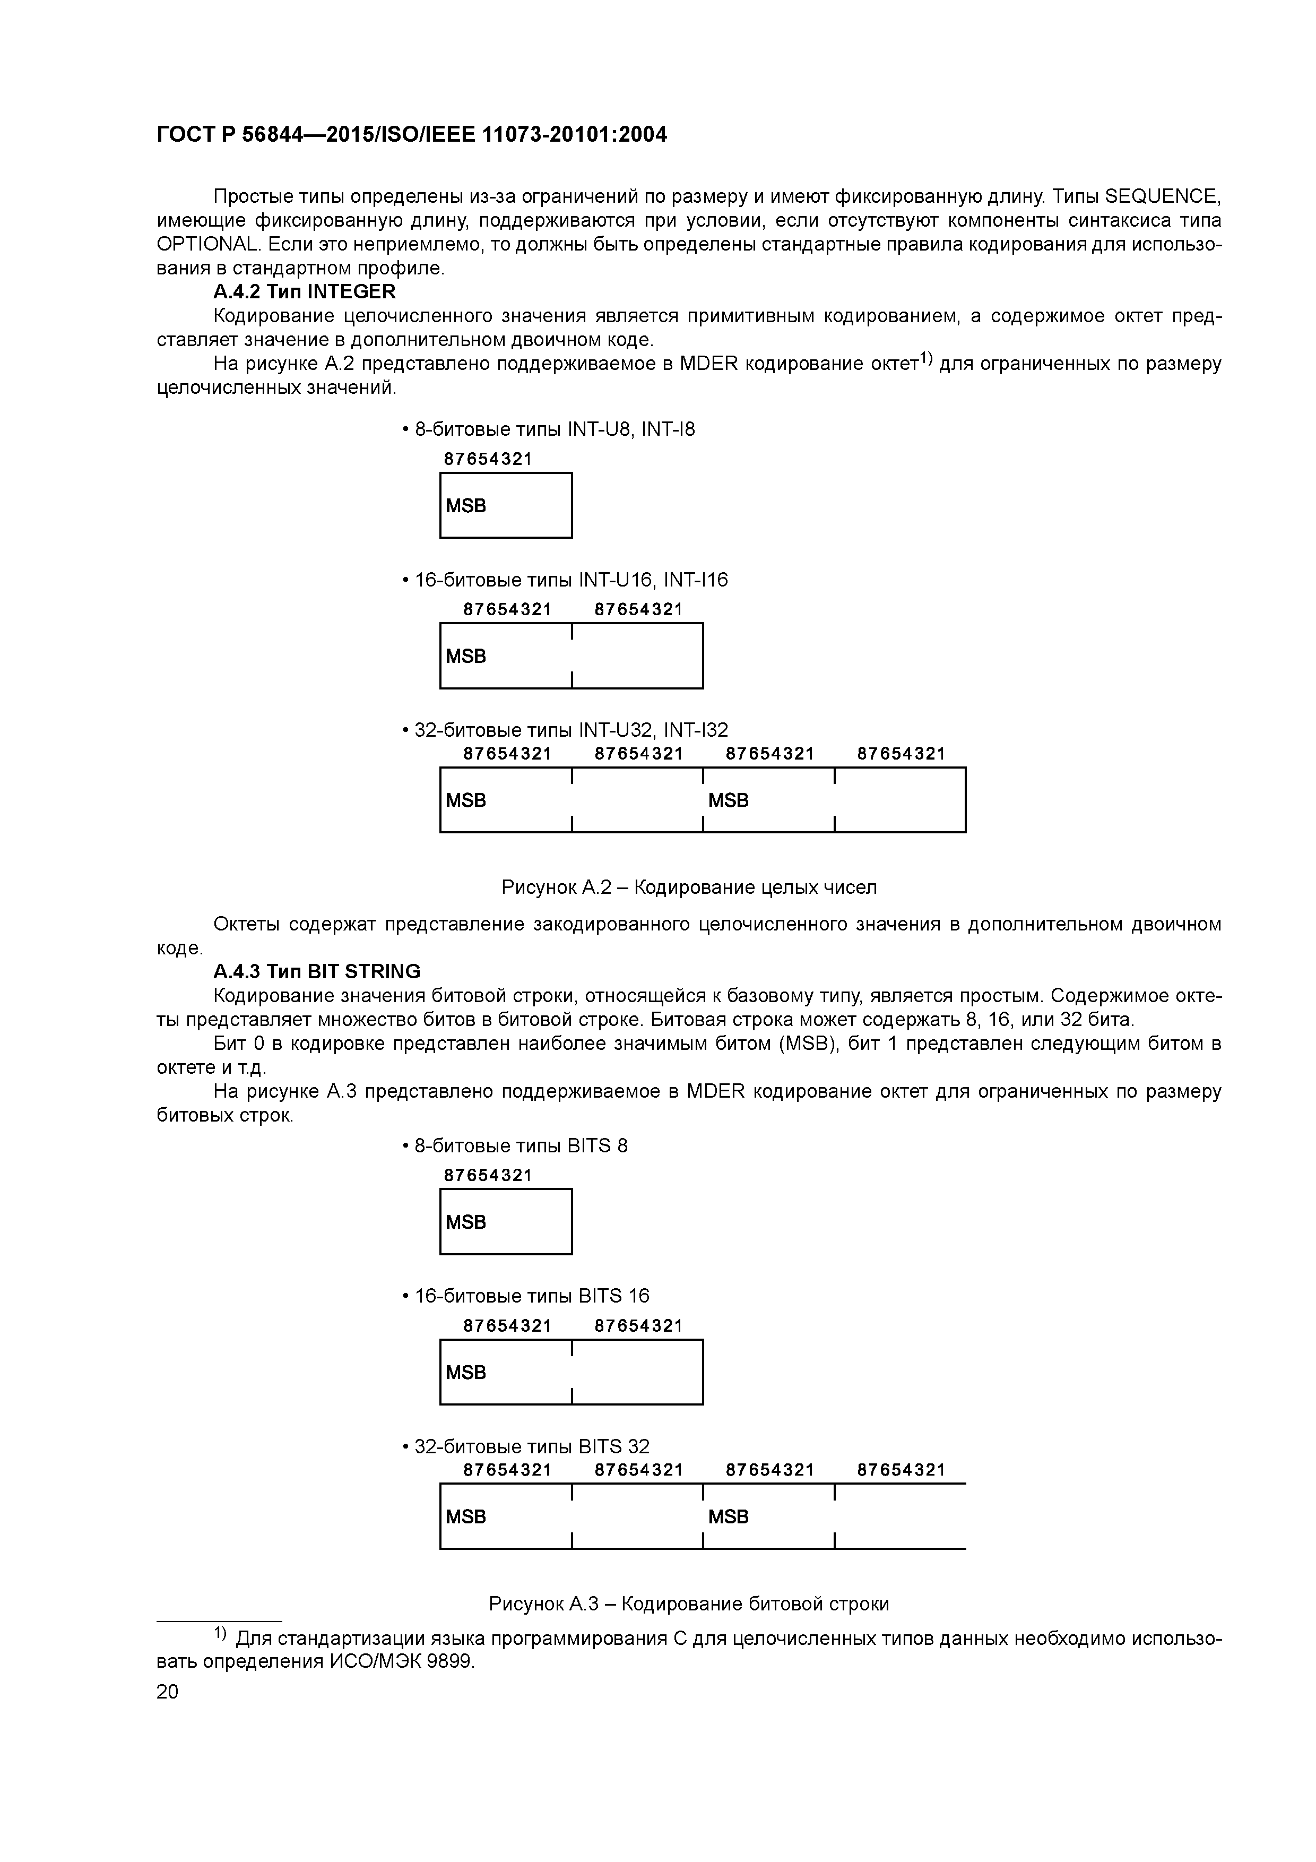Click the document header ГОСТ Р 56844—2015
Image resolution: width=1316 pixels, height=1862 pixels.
[411, 135]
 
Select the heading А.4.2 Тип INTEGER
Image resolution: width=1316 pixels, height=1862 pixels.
[304, 291]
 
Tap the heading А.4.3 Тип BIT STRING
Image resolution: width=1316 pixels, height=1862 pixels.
[316, 971]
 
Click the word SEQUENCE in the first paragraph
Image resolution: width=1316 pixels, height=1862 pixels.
[1162, 196]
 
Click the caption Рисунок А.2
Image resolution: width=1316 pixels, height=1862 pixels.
[688, 886]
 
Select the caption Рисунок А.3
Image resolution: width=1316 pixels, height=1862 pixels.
[688, 1604]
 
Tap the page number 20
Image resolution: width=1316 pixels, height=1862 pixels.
[167, 1691]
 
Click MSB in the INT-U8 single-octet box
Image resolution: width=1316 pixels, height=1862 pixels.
[466, 506]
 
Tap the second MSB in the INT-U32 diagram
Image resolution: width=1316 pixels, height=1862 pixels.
[728, 800]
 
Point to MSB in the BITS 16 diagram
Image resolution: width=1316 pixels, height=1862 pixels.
[466, 1372]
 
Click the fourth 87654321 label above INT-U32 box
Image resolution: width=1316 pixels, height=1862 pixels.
[901, 753]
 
